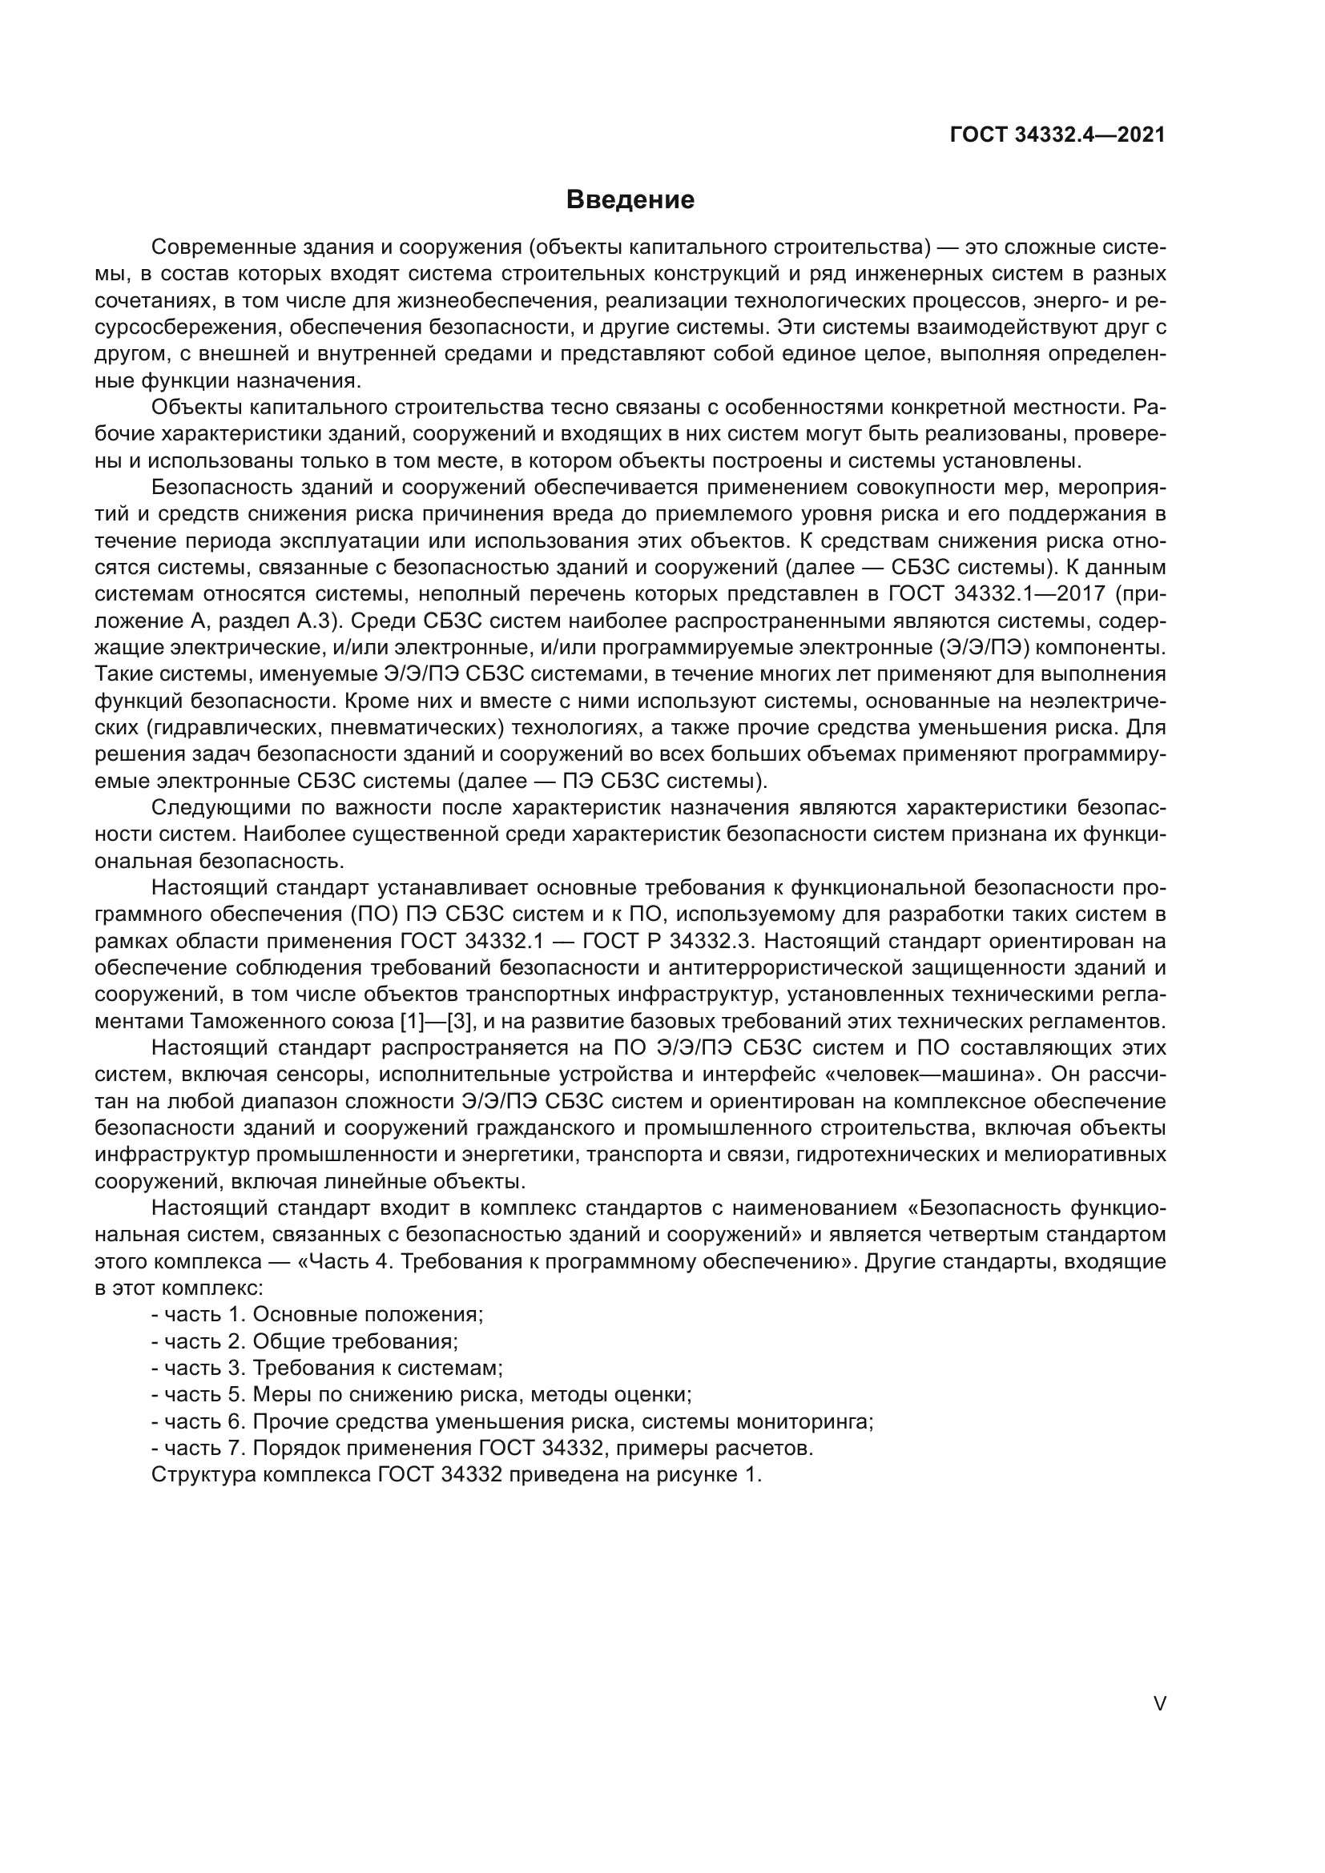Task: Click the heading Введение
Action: [630, 200]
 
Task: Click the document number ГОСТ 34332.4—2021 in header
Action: [1057, 135]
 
